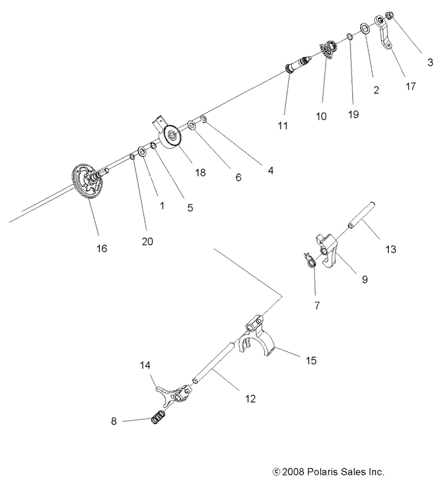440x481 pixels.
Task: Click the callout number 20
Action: coord(147,241)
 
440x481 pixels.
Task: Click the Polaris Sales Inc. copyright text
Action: coord(329,471)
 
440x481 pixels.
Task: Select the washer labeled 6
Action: coord(191,125)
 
